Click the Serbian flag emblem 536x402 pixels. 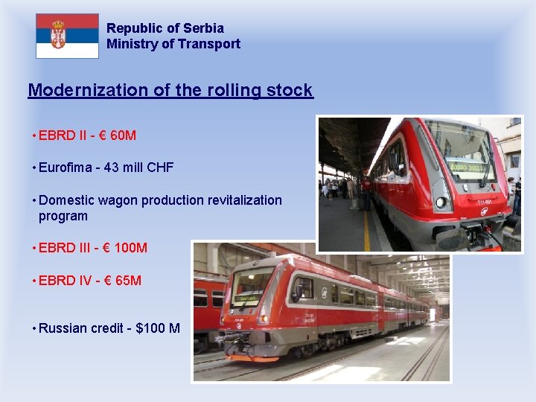click(58, 35)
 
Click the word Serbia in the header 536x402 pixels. click(202, 28)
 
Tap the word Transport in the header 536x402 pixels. click(212, 44)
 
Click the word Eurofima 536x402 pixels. click(67, 167)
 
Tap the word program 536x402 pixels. click(63, 216)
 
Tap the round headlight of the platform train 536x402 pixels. click(441, 202)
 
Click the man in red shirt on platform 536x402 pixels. click(366, 193)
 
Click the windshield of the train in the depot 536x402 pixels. click(252, 287)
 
